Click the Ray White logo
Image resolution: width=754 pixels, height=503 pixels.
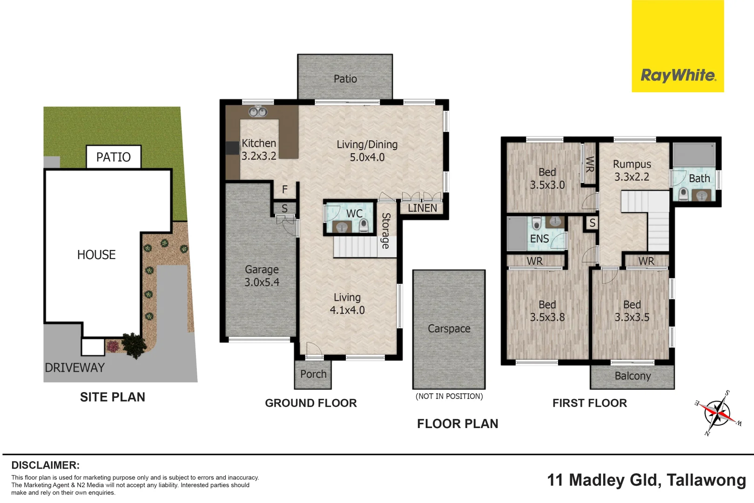[678, 46]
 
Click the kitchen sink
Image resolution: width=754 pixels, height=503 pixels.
[258, 111]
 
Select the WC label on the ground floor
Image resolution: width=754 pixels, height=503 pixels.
[355, 213]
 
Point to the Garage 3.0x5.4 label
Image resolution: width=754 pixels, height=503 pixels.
[262, 276]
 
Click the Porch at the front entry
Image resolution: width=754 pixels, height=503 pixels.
[313, 374]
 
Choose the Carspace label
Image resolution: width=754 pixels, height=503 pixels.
[449, 328]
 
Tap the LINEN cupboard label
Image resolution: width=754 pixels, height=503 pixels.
[423, 208]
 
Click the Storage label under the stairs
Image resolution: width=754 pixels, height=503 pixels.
[386, 231]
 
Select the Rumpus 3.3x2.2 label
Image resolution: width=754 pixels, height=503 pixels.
[632, 170]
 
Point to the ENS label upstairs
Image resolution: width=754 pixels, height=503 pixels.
[539, 238]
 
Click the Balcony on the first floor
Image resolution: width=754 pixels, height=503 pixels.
[633, 377]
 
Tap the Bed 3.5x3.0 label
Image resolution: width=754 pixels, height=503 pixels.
[547, 178]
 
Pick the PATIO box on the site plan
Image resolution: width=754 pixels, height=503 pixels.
[114, 157]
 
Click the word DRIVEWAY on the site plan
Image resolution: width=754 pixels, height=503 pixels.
[75, 367]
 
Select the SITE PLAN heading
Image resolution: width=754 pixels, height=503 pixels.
[113, 397]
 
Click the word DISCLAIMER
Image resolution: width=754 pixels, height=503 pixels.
[46, 465]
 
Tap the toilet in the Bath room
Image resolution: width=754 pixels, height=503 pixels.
[683, 194]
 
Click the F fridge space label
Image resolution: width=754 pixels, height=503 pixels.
[285, 190]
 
